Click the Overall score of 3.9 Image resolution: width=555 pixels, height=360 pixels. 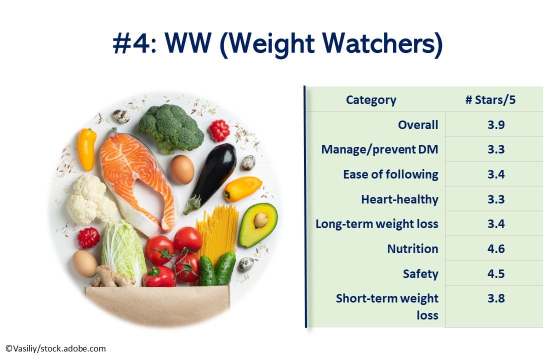[496, 125]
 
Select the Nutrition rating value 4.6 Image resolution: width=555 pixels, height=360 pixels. [496, 249]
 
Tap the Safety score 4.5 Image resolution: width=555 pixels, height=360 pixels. [496, 274]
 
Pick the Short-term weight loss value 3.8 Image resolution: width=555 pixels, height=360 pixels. [496, 298]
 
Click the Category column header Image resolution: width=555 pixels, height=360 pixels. [371, 100]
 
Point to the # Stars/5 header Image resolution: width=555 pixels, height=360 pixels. [490, 100]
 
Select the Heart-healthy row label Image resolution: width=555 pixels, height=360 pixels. [399, 199]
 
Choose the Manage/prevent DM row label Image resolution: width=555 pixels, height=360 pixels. [379, 149]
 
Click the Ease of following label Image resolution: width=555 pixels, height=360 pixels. [390, 174]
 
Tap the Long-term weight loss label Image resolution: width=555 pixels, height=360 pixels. [376, 224]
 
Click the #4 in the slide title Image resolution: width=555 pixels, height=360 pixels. [131, 44]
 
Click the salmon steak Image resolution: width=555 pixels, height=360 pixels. [136, 175]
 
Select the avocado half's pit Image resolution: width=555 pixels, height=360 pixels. [260, 220]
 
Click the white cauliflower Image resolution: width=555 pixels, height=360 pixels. [90, 200]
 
